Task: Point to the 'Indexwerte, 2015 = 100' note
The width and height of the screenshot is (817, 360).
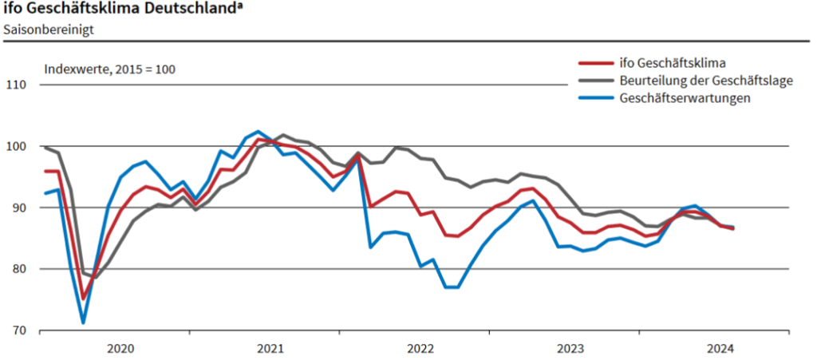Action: (x=109, y=69)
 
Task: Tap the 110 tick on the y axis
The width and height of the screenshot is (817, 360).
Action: (x=17, y=85)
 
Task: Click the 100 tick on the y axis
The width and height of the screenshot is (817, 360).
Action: (x=17, y=146)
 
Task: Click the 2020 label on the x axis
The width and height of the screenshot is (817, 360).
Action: (x=120, y=348)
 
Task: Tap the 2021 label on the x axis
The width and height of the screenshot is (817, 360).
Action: (x=270, y=348)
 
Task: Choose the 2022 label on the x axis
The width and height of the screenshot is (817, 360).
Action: (x=420, y=348)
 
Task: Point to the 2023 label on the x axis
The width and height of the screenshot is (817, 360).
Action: (x=570, y=348)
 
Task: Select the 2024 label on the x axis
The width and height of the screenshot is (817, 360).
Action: (x=720, y=348)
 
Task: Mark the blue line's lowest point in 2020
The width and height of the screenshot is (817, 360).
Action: (x=83, y=323)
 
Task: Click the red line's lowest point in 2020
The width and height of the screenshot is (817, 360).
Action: (x=83, y=299)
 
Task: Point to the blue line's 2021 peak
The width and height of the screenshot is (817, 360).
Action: (x=258, y=132)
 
